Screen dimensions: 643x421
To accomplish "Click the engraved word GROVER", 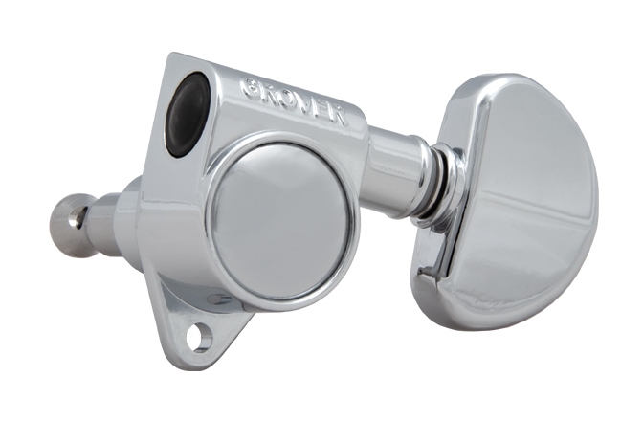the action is click(x=295, y=101).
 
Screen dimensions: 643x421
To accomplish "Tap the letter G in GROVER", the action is click(x=251, y=86).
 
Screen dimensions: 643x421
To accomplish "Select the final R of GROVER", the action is click(x=339, y=117).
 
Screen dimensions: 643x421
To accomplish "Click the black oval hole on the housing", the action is click(x=188, y=115).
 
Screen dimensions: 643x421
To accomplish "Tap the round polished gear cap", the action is click(x=282, y=221).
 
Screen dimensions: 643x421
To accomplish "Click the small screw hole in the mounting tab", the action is click(x=199, y=337).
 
